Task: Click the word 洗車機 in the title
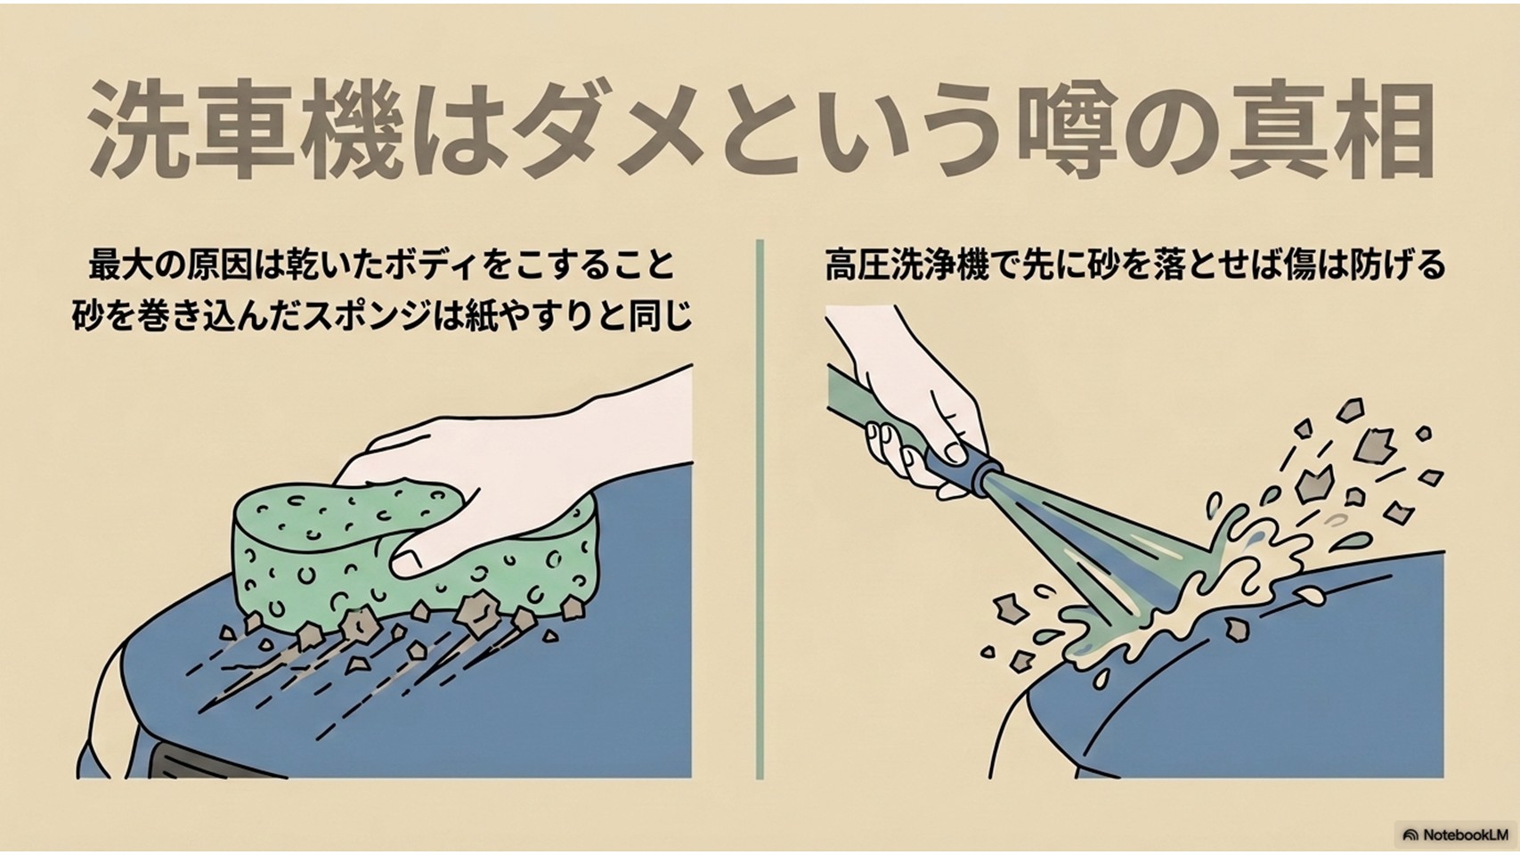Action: point(242,130)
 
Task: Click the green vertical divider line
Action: point(760,509)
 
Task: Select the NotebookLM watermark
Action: point(1455,835)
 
